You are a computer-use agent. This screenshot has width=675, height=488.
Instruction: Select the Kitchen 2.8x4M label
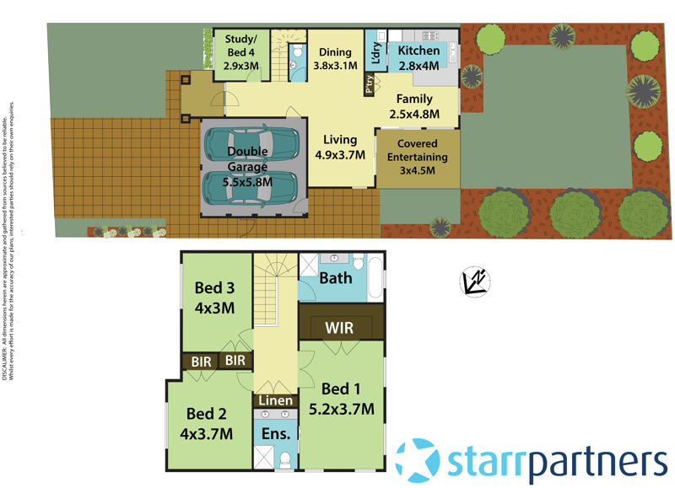(x=418, y=58)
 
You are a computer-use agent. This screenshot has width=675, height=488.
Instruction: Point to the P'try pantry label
(x=369, y=85)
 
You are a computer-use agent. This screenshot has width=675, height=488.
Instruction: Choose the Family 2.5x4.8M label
(x=414, y=106)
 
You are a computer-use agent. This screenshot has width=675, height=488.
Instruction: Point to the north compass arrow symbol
(x=475, y=281)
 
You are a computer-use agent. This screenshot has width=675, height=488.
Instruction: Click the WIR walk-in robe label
(x=340, y=326)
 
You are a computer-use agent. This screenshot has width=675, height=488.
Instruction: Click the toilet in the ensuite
(x=286, y=459)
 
